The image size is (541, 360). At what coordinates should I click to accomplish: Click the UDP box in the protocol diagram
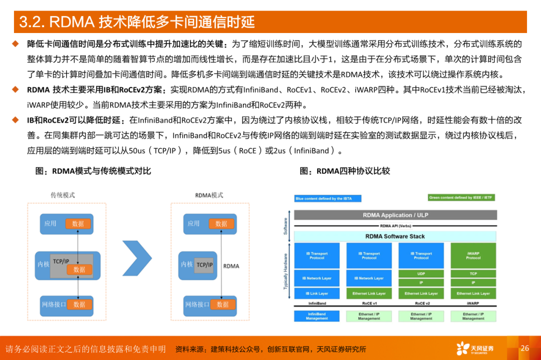421,274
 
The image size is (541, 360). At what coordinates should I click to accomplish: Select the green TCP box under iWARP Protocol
473,274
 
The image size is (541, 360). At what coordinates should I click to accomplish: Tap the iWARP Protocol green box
473,255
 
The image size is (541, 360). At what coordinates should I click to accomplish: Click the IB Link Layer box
317,293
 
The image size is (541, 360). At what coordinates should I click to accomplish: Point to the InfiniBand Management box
317,316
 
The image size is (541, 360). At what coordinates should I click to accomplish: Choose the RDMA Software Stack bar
395,236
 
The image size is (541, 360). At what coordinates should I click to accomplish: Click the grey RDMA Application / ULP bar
395,215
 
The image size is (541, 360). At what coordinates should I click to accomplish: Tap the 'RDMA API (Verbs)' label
395,226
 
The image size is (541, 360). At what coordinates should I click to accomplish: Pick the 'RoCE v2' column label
421,303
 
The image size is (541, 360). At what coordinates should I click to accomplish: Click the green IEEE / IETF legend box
461,198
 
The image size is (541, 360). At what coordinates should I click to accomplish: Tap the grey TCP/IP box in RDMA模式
204,265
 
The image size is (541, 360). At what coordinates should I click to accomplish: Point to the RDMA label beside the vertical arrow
231,266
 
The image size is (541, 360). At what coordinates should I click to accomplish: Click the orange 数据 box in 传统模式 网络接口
79,304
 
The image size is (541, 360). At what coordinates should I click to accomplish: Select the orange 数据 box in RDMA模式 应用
221,224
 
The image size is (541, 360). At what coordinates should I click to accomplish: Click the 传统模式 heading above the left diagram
63,195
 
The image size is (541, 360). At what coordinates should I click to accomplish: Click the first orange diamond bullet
16,44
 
